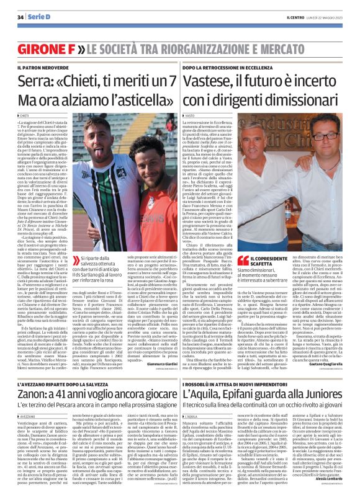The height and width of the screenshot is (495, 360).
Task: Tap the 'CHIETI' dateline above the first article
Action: point(26,116)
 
